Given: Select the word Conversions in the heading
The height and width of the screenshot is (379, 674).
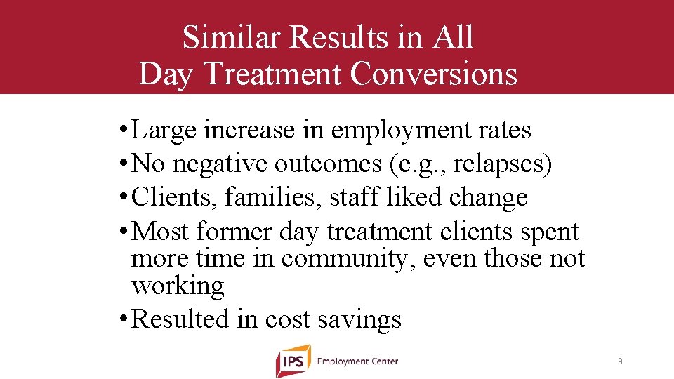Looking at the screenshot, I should (433, 74).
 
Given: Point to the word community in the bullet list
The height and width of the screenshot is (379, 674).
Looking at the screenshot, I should (344, 258).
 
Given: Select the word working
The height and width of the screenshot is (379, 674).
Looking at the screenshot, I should (178, 286).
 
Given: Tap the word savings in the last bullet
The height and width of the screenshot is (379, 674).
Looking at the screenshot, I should (359, 319).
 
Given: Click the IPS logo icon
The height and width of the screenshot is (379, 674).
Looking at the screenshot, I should (293, 361).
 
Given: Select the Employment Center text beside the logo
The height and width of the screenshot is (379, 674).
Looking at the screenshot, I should (357, 361).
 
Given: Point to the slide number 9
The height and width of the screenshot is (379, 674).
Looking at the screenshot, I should (620, 361).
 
